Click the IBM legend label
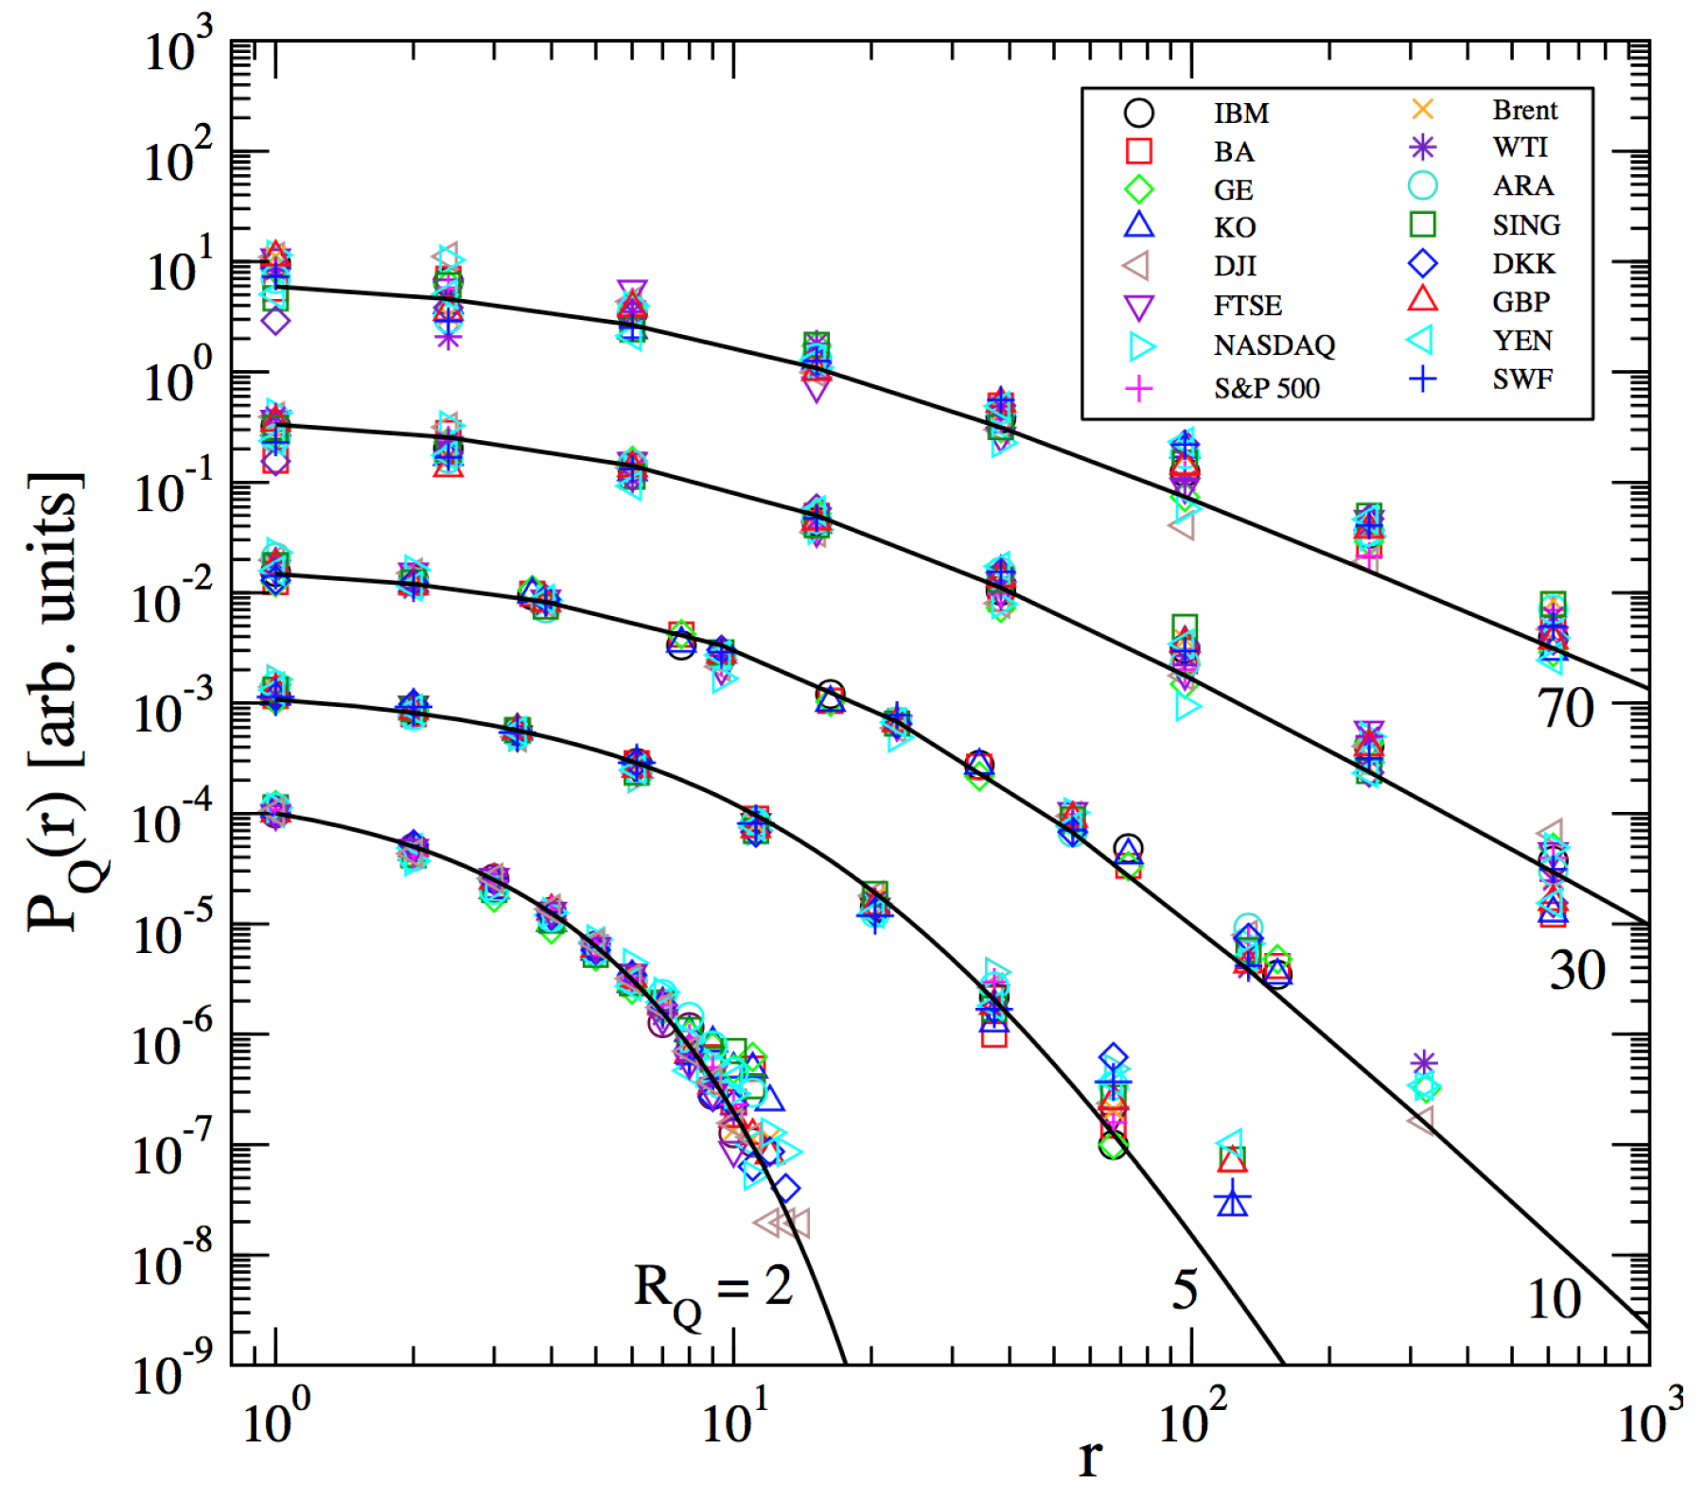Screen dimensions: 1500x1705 pos(1240,114)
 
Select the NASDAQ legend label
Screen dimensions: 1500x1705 pos(1274,344)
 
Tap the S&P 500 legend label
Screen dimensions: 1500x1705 pos(1266,388)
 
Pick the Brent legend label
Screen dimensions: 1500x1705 pos(1524,110)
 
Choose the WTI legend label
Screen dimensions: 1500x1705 pos(1520,148)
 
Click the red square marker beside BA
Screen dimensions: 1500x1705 pos(1139,150)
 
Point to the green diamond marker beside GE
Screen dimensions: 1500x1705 pos(1139,189)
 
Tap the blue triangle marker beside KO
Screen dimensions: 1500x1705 pos(1139,225)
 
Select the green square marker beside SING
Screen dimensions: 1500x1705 pos(1422,224)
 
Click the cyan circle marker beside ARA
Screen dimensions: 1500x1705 pos(1422,185)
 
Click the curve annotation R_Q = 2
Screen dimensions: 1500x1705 pos(712,1291)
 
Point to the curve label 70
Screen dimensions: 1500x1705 pos(1566,708)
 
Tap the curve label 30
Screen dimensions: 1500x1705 pos(1577,971)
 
